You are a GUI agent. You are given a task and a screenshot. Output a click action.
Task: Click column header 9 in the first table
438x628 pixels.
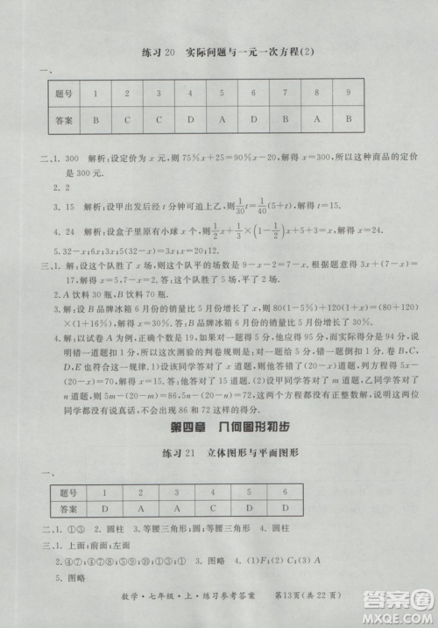[348, 92]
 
